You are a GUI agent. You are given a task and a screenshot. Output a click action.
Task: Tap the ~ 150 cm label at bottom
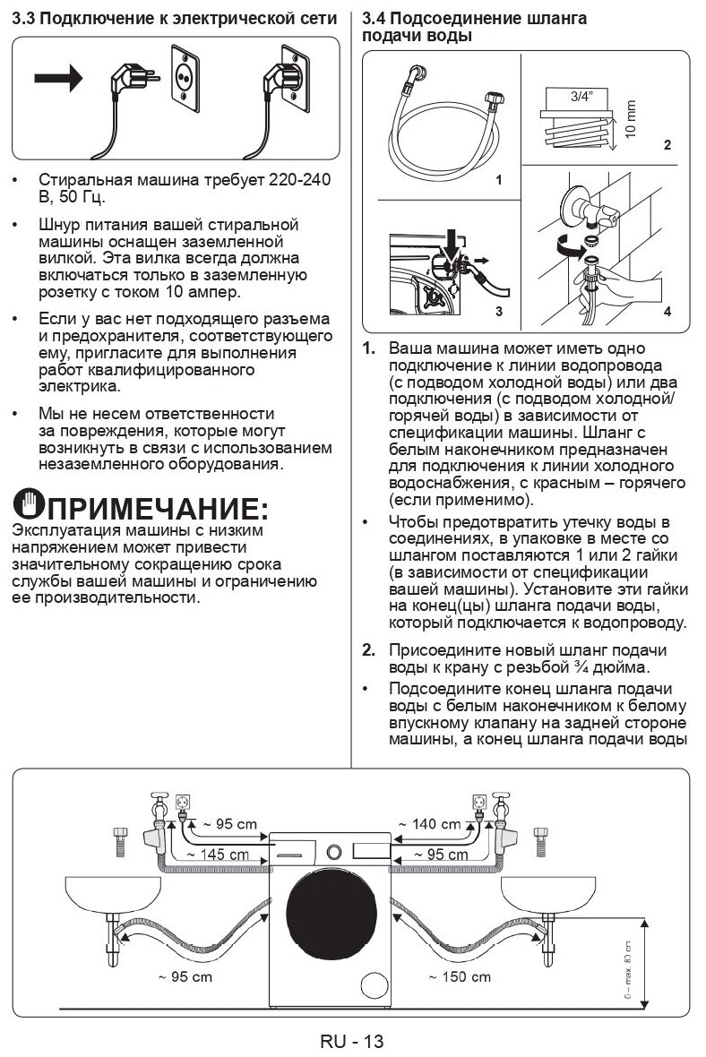(459, 975)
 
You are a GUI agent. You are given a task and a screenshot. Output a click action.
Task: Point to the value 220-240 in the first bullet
(299, 180)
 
